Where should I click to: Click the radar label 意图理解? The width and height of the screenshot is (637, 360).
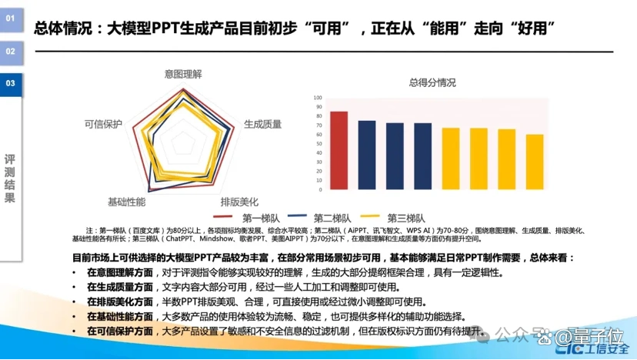[x=183, y=74]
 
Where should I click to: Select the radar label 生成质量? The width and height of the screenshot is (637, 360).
[x=262, y=123]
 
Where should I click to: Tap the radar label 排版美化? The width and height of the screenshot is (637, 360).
[x=239, y=201]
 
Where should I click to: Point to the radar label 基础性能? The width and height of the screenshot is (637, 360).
[x=126, y=201]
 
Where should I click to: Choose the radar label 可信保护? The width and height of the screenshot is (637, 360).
[x=103, y=123]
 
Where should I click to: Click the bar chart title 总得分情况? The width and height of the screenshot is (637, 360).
[x=432, y=82]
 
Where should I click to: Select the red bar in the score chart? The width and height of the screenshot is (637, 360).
[x=339, y=151]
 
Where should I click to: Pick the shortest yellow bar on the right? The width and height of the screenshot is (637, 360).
[x=534, y=162]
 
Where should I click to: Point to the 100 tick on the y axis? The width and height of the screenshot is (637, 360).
[x=318, y=98]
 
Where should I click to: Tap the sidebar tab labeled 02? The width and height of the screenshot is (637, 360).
[x=11, y=52]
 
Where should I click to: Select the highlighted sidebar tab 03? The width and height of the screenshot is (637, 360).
[x=11, y=82]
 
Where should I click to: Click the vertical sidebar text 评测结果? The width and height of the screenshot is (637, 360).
[x=10, y=178]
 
